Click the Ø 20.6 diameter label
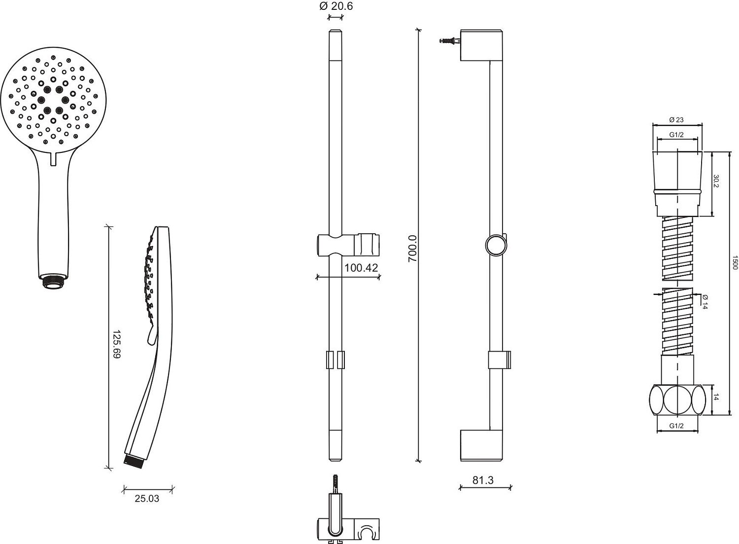click(336, 6)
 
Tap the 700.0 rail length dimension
click(413, 249)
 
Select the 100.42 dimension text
click(361, 267)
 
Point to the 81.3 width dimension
click(483, 480)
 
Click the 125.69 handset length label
click(117, 344)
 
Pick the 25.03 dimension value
click(147, 499)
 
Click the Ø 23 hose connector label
click(676, 120)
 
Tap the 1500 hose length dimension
click(735, 262)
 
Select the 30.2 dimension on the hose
click(716, 181)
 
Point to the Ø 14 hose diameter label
click(705, 301)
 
